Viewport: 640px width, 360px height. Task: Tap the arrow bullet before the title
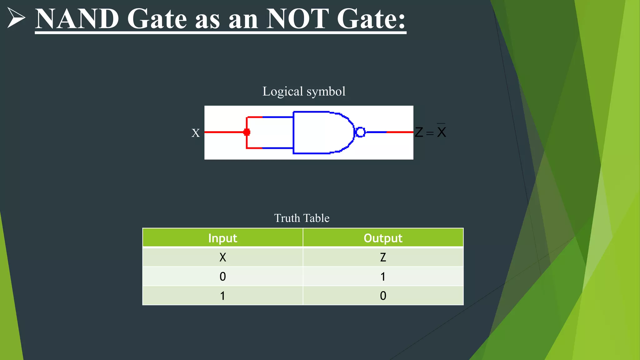pos(16,18)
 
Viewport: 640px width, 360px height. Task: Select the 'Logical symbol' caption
pos(304,92)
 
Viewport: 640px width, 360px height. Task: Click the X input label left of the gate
pos(196,133)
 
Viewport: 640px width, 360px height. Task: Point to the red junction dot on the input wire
pos(247,132)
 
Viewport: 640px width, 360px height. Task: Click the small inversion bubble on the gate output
pos(360,132)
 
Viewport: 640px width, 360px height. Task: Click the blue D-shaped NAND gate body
pos(322,132)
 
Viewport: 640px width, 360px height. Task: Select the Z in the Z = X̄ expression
pos(419,132)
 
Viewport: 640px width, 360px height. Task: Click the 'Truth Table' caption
pos(302,218)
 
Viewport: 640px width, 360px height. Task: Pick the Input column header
pos(222,238)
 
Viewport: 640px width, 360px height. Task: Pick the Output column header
pos(383,238)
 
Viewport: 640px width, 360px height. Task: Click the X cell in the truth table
pos(222,257)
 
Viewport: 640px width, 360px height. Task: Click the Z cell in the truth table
pos(383,257)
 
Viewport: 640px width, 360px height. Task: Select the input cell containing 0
pos(222,277)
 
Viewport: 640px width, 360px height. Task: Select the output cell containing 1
pos(383,277)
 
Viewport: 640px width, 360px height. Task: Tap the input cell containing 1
pos(222,296)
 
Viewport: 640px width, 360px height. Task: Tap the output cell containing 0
pos(383,296)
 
